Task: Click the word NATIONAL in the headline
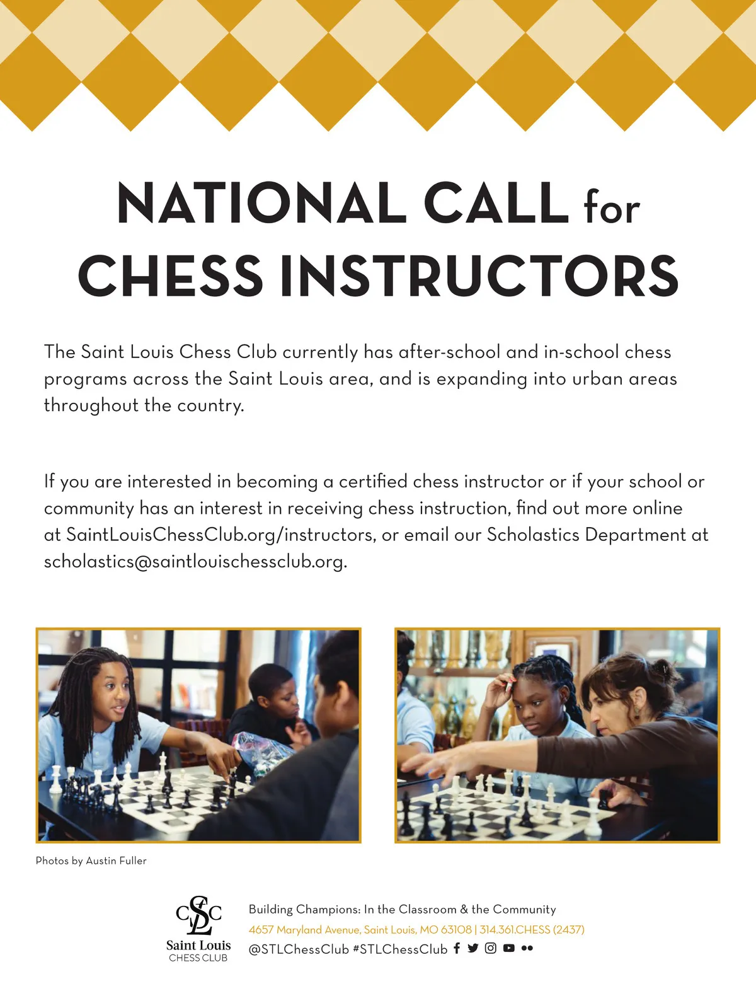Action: (x=261, y=203)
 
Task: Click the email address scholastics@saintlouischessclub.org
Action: (x=195, y=561)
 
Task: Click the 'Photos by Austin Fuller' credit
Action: (x=91, y=861)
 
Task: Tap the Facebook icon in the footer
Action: (x=457, y=948)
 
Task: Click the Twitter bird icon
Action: (x=473, y=948)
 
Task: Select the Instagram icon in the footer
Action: (x=491, y=948)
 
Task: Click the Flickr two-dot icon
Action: (x=527, y=948)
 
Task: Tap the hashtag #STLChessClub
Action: (x=400, y=949)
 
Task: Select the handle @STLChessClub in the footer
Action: (x=299, y=949)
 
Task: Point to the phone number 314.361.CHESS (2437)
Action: (x=532, y=929)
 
